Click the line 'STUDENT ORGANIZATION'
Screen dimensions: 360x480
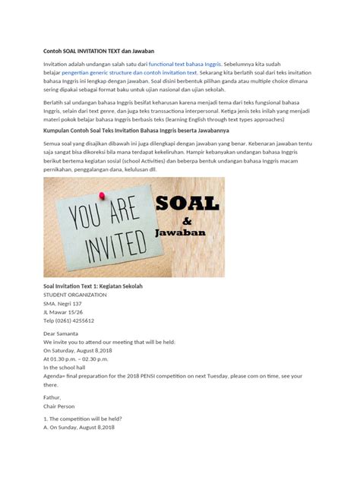pos(75,295)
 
